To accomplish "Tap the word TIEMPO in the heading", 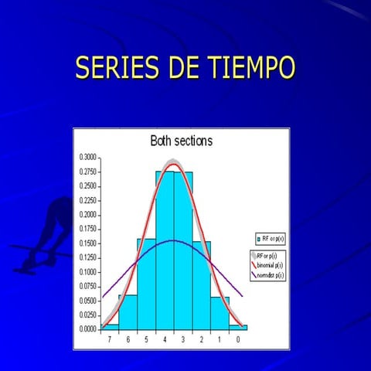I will [253, 68].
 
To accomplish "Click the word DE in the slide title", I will [184, 68].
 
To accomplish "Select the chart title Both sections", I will [181, 141].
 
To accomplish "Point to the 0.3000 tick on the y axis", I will [87, 157].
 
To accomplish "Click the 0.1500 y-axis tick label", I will [87, 243].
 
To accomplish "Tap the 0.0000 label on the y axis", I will [87, 328].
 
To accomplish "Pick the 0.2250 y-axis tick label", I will [87, 200].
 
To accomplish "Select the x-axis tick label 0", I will [237, 339].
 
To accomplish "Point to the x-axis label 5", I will [146, 339].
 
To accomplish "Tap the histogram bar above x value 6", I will [128, 311].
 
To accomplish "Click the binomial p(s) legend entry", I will [267, 264].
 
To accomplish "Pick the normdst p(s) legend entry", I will [267, 274].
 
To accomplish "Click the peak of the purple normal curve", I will [173, 241].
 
